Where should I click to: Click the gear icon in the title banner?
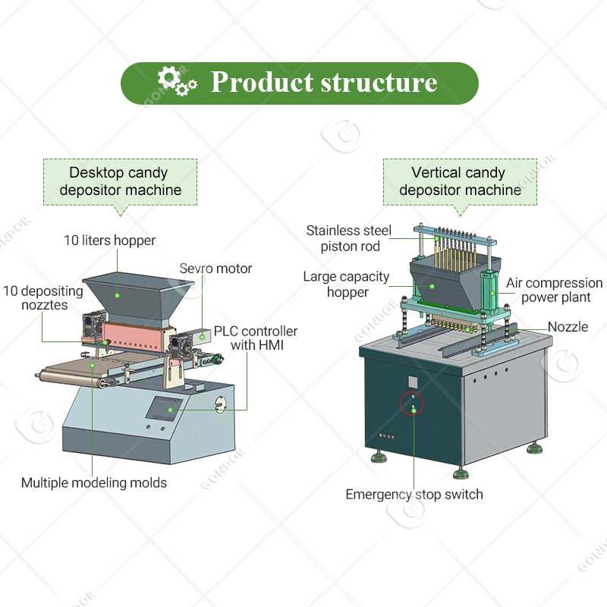click(176, 81)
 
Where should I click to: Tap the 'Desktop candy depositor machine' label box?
click(120, 181)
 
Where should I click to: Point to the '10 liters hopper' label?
click(109, 241)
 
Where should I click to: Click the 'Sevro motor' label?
click(215, 269)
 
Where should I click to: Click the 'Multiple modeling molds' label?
click(94, 482)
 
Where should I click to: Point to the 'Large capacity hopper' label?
click(346, 284)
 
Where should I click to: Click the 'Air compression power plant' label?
click(555, 290)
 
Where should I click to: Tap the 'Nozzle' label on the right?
click(568, 327)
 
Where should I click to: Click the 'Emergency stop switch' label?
click(414, 495)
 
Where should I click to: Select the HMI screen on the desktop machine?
click(168, 407)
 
